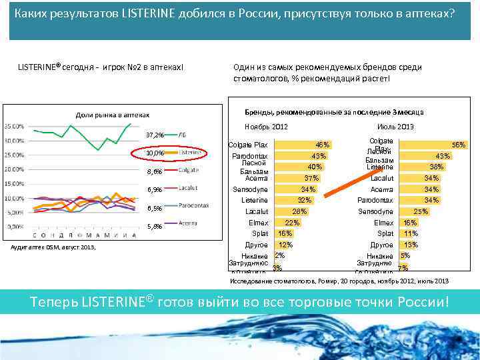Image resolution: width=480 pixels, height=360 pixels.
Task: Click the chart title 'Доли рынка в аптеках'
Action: [112, 115]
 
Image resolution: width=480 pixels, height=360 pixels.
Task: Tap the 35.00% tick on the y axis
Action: [15, 126]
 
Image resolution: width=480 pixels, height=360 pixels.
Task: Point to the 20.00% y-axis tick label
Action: [15, 169]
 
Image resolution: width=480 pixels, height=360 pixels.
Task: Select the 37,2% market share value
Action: [154, 135]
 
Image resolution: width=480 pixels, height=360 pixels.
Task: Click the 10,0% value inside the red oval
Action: [154, 154]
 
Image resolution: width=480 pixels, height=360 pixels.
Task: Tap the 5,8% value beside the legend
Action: [154, 227]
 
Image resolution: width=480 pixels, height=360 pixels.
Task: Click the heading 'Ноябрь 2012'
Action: [266, 127]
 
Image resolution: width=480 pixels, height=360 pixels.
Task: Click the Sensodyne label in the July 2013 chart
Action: [376, 211]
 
